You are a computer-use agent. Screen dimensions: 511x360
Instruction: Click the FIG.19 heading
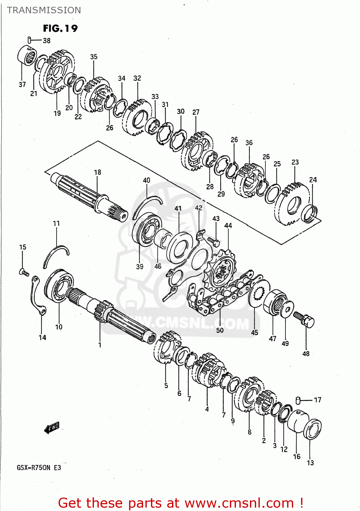coord(60,28)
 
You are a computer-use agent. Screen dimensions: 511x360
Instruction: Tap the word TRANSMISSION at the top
coord(44,10)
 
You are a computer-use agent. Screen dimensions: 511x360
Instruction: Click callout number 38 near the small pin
coord(47,41)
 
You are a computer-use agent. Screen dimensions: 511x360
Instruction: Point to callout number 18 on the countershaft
coord(97,172)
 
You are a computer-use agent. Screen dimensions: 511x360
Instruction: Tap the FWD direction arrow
coord(52,428)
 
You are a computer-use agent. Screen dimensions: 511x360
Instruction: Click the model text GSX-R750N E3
coord(39,467)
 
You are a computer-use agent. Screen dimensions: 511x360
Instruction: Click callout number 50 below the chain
coord(220,330)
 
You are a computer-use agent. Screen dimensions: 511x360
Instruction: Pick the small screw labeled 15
coord(24,272)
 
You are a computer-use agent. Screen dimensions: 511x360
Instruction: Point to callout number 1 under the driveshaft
coord(100,345)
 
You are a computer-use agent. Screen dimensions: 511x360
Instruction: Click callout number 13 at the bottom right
coord(310,463)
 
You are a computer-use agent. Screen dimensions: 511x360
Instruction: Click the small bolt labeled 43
coord(215,242)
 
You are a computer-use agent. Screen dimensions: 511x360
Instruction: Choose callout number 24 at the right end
coord(313,180)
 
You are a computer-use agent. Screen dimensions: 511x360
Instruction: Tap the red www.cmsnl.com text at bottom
coord(240,503)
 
